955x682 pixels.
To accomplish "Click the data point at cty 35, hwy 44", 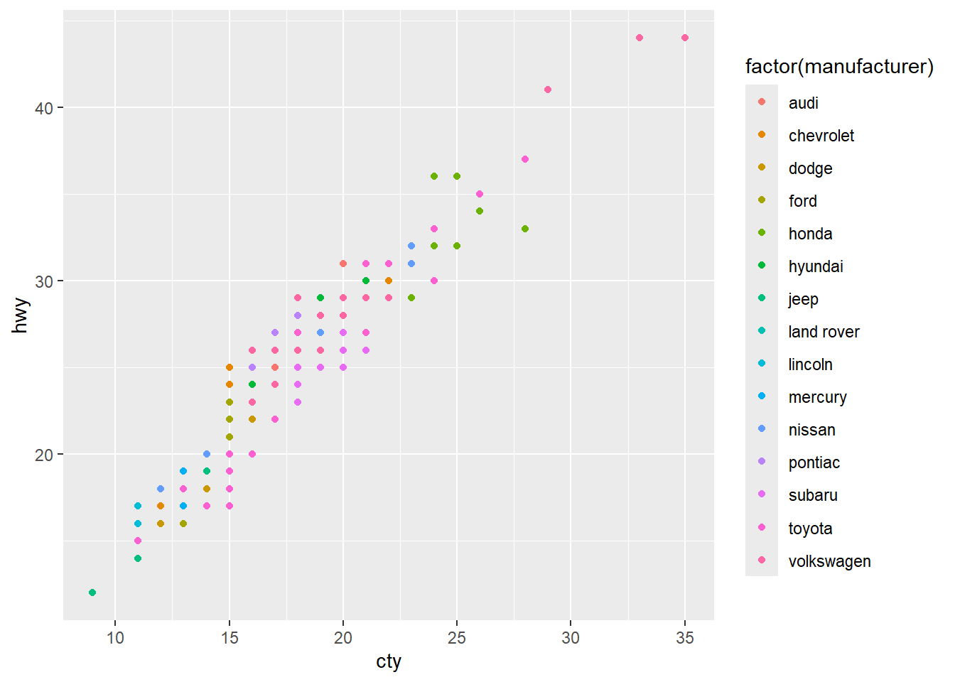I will click(684, 38).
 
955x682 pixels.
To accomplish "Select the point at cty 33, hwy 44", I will click(639, 38).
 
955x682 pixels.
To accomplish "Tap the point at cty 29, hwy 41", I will click(548, 90).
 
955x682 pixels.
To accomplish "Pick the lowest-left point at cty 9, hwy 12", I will click(92, 592).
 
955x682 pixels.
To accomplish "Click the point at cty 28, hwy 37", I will click(525, 159).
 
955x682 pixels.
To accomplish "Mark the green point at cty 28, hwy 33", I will click(525, 229).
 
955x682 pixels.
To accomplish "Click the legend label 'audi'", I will click(803, 103).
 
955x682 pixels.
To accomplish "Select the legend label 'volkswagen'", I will click(829, 561).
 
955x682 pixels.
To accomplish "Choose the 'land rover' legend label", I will click(824, 332).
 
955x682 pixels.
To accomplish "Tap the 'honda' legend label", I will click(810, 234).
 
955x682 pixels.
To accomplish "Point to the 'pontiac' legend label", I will click(814, 462).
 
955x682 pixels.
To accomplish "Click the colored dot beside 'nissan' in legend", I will click(762, 429).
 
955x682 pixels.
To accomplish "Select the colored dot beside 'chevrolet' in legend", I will click(762, 135).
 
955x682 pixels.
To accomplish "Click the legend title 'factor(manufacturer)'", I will click(839, 67).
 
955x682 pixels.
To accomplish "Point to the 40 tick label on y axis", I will click(44, 108).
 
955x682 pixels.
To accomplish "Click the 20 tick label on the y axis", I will click(44, 455).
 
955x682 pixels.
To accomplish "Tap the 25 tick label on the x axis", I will click(457, 638).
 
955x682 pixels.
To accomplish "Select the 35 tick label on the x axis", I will click(684, 638).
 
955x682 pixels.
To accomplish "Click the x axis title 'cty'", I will click(389, 661).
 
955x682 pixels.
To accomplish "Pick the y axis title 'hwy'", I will click(21, 315).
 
